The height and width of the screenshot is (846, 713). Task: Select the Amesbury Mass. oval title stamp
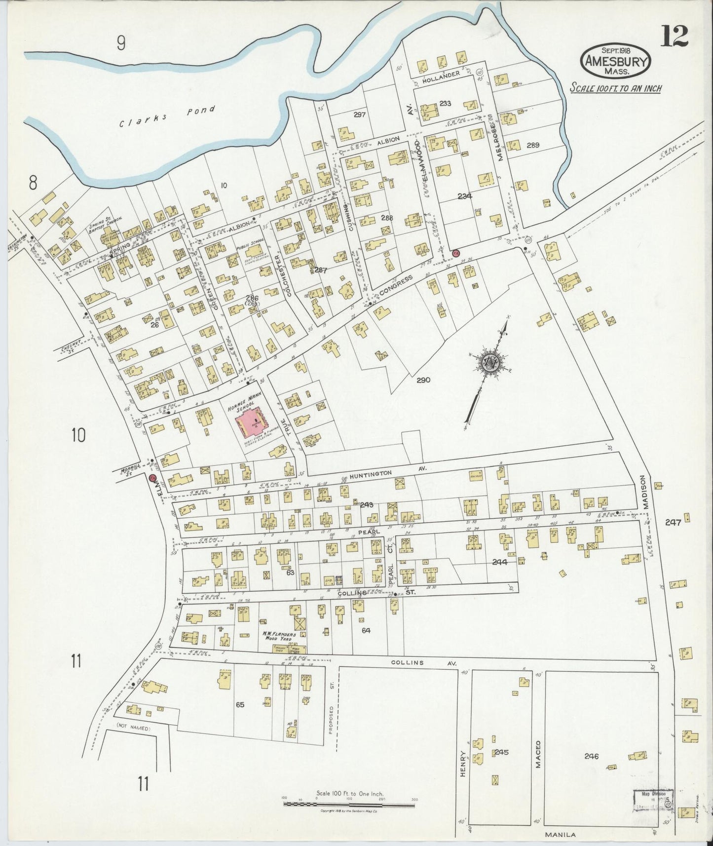616,61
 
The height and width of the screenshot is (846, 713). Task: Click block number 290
423,380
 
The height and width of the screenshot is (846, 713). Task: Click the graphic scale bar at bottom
349,805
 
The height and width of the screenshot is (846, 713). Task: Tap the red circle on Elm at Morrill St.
152,478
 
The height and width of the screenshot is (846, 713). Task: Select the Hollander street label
441,75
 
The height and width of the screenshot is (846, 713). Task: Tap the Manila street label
562,835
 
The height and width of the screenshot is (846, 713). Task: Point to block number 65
240,705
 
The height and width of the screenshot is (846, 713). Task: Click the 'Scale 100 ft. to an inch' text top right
615,88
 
